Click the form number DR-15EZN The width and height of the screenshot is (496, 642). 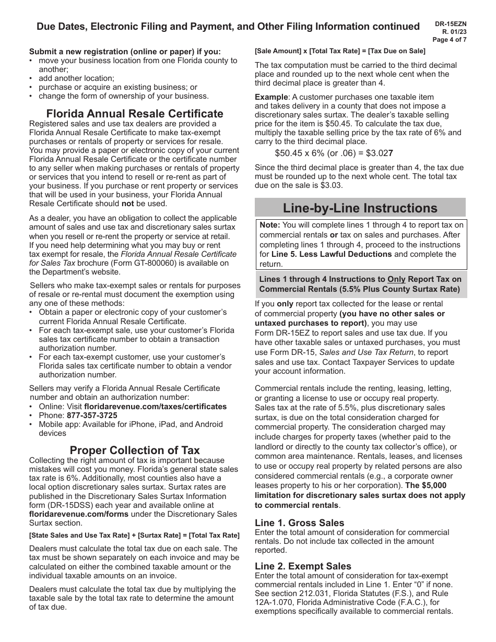click(450, 24)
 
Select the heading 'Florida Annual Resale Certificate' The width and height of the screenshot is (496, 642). click(135, 114)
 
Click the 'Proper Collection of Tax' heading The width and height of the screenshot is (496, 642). click(135, 450)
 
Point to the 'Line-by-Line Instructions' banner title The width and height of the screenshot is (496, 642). click(360, 208)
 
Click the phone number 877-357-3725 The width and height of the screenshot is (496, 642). click(92, 415)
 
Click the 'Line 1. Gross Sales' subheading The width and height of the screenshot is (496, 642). click(299, 522)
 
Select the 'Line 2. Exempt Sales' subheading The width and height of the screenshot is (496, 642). click(303, 566)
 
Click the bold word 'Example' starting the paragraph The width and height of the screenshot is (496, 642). click(271, 97)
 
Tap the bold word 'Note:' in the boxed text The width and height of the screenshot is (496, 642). click(270, 225)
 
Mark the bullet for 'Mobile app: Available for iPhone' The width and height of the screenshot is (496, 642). click(32, 425)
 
